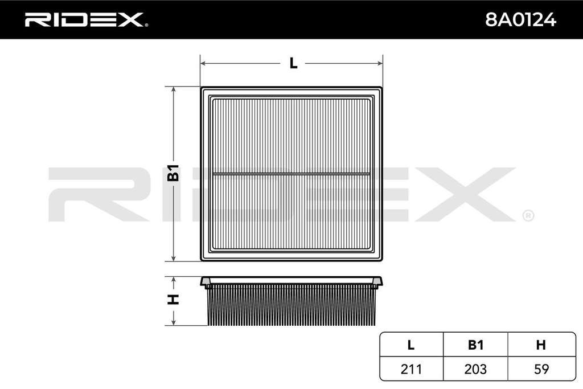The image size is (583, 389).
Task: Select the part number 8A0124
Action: pos(520,20)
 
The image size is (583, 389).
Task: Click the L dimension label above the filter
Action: pos(293,63)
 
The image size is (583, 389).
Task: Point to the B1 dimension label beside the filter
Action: pos(173,173)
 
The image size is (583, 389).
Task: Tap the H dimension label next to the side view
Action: pos(173,300)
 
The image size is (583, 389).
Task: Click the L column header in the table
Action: pos(411,345)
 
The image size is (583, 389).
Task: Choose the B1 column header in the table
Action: pos(475,345)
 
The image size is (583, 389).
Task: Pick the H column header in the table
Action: pos(541,345)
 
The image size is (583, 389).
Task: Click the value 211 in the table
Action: pos(411,369)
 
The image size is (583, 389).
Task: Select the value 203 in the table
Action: pos(475,369)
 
